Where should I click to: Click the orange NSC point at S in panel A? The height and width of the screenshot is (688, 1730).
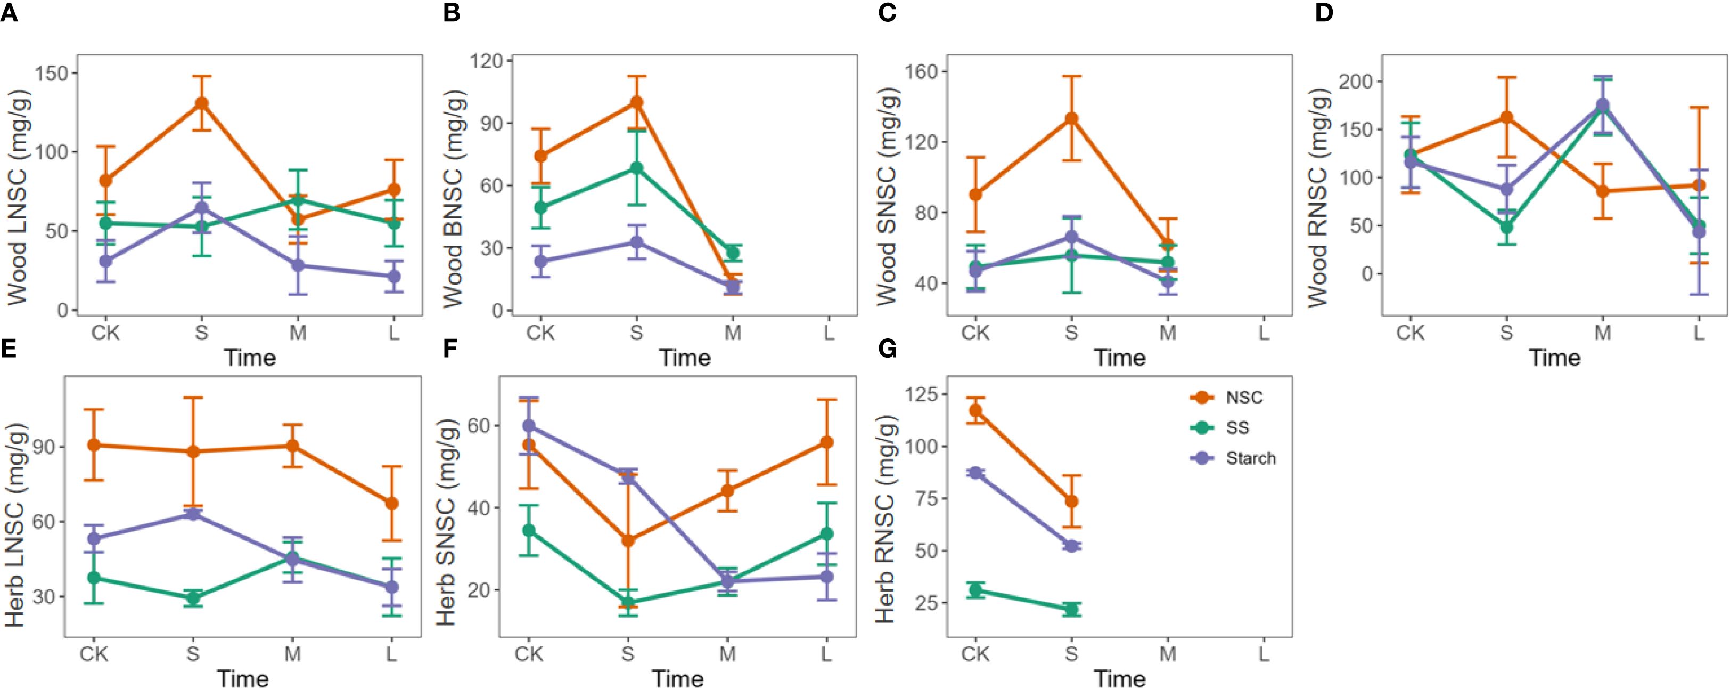click(x=201, y=103)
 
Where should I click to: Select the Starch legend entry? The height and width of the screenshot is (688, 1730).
click(x=1250, y=458)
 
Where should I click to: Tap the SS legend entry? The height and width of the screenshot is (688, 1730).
click(x=1237, y=428)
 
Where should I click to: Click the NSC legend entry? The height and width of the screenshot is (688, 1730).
click(x=1244, y=398)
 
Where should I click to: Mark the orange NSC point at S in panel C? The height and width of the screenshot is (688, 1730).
click(x=1071, y=119)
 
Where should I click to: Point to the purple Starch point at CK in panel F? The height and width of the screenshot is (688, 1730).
click(x=529, y=426)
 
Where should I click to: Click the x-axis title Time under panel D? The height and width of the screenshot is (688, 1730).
click(x=1554, y=358)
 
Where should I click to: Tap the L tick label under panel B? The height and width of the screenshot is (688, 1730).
click(x=829, y=333)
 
